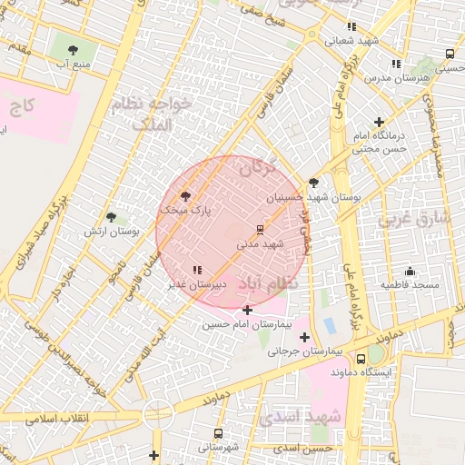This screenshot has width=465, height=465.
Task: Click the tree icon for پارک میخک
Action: [186, 195]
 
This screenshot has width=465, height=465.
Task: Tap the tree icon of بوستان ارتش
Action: [111, 217]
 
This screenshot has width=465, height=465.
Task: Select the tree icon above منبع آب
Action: [73, 50]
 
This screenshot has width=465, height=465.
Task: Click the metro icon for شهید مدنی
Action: [260, 228]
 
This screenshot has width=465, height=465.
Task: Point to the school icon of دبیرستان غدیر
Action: [197, 270]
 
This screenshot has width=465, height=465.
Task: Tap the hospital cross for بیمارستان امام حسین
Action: [247, 311]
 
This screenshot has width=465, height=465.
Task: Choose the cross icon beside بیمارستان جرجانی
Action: [304, 337]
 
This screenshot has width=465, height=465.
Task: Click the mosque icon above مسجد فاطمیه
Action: [410, 271]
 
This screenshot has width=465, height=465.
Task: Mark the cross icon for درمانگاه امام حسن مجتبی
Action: [378, 122]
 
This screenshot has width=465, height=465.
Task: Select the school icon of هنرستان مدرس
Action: [395, 64]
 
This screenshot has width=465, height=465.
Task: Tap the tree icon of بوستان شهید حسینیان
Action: [313, 183]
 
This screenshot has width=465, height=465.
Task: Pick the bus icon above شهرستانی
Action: [218, 433]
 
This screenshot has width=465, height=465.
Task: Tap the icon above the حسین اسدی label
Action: [329, 435]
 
